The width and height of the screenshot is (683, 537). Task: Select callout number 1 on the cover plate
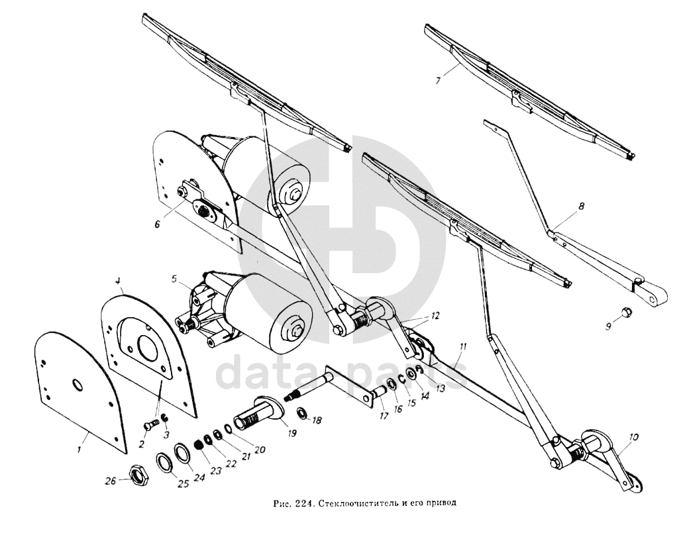coord(79,450)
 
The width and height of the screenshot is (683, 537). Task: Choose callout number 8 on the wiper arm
coord(581,207)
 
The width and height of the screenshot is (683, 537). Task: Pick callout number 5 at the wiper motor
coord(174,281)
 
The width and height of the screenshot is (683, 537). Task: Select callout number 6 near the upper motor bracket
coord(158,224)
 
